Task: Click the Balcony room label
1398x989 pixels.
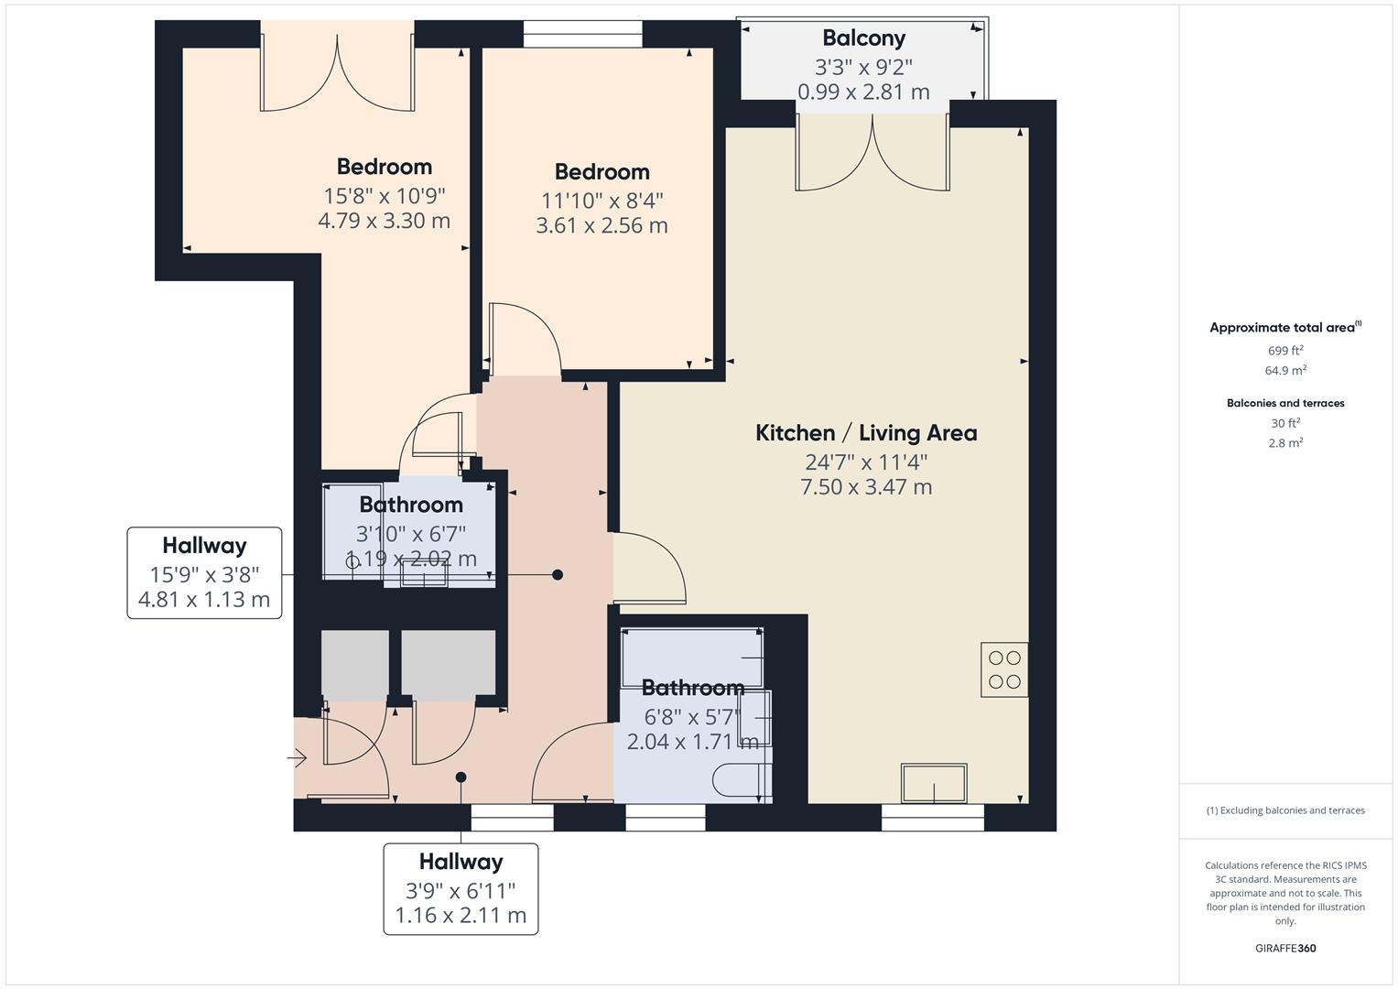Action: click(863, 38)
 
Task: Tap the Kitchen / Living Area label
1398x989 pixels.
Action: click(865, 433)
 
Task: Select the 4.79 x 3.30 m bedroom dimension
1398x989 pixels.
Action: click(384, 221)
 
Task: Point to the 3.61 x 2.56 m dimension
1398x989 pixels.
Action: click(601, 225)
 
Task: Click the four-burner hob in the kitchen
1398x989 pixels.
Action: click(1004, 669)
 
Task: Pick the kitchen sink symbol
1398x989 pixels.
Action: click(934, 784)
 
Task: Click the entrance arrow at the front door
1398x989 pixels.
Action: click(298, 757)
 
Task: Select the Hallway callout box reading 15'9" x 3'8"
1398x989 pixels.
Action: click(204, 572)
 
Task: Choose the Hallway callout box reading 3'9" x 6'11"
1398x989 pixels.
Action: click(461, 888)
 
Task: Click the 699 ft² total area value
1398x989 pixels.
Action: click(1285, 351)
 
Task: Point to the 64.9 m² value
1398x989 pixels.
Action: click(1285, 371)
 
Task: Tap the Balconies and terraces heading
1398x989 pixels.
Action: click(1285, 403)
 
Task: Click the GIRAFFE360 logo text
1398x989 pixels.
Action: click(1285, 948)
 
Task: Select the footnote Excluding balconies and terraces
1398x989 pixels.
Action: click(1285, 810)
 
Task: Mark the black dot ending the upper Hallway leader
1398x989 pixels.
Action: click(558, 575)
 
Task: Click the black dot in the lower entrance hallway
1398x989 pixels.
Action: click(461, 777)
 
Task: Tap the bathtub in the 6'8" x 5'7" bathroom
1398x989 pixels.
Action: click(692, 658)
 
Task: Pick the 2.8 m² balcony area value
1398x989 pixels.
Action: click(1285, 443)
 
